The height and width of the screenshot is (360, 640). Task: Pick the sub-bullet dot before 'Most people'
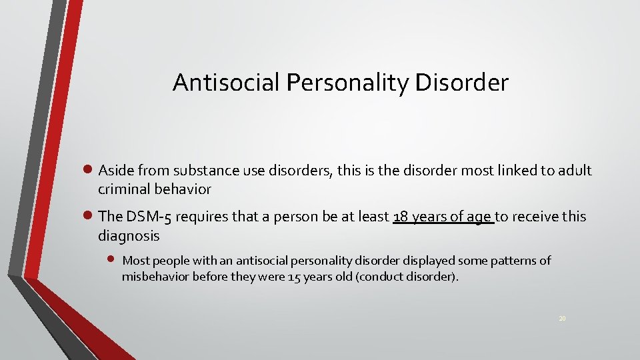[111, 259]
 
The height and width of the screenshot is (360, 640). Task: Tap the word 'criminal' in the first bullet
[125, 189]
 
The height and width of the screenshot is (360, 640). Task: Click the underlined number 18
[401, 217]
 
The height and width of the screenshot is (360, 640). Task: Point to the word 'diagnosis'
[129, 235]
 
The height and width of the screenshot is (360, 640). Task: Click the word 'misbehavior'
[155, 276]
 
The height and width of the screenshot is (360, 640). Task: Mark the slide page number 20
[563, 319]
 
